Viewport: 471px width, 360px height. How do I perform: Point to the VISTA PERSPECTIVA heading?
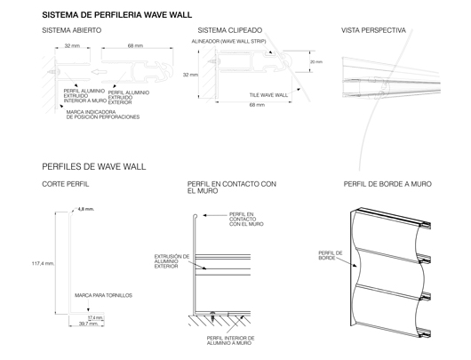(x=374, y=30)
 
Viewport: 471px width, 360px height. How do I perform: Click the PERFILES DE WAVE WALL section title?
(x=93, y=166)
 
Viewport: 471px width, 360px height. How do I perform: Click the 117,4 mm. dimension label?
(x=44, y=263)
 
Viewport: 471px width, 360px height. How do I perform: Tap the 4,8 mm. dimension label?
(x=86, y=209)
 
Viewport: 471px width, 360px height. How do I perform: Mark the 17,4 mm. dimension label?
(x=95, y=317)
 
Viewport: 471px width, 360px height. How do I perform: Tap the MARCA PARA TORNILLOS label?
(x=98, y=293)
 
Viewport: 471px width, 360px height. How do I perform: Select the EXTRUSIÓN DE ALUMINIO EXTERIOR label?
(x=170, y=260)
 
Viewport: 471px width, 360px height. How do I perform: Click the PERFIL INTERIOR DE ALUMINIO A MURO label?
(x=231, y=342)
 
